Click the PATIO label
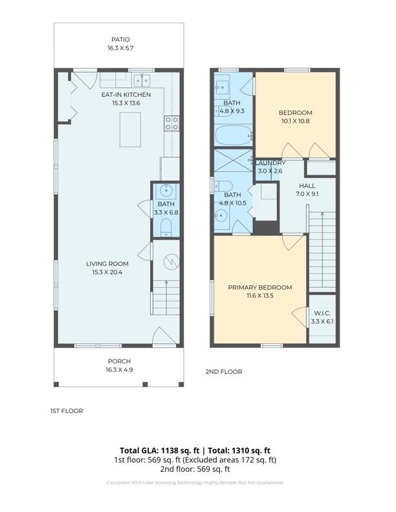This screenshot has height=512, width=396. [x=120, y=39]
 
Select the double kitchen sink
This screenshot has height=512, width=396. [x=142, y=80]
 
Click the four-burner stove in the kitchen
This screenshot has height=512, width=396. [x=172, y=123]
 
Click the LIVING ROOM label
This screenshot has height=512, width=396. [x=107, y=263]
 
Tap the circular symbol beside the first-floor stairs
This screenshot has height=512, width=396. [x=170, y=262]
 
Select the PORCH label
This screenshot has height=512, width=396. [x=120, y=361]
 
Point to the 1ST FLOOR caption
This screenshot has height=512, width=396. [x=67, y=411]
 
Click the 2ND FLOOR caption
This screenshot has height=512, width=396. [x=224, y=372]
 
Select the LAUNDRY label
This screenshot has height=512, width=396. [x=271, y=163]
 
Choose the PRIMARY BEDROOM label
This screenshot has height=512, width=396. [x=259, y=287]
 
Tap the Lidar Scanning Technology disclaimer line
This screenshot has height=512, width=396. [x=195, y=482]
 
